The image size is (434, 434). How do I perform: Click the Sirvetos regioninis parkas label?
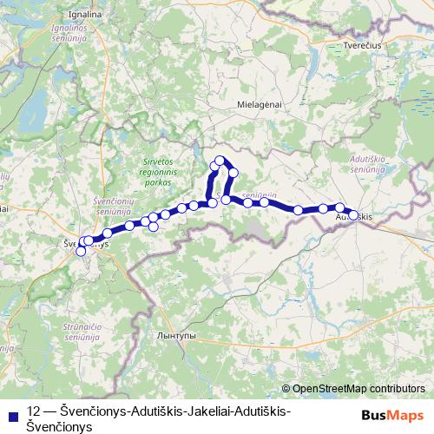tap(160, 172)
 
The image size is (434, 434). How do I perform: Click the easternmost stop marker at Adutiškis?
tap(353, 214)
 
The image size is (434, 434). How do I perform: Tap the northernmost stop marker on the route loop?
tap(220, 160)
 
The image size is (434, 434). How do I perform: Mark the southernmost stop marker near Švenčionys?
tap(81, 252)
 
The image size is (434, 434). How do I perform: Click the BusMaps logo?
tap(393, 415)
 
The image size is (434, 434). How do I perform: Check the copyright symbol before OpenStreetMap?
tap(286, 389)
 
